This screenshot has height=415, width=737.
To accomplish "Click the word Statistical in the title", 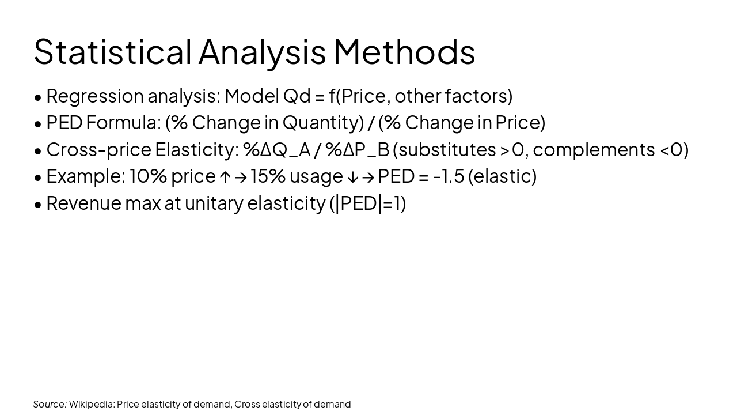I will (x=112, y=52).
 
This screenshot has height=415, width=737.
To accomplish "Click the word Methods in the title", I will (x=404, y=52).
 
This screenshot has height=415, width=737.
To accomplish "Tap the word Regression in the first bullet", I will (x=94, y=96).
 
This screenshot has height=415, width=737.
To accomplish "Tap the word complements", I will (x=594, y=149).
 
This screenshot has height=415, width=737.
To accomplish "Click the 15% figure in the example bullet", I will (x=268, y=176).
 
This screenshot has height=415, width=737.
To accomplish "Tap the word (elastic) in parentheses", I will (x=502, y=176).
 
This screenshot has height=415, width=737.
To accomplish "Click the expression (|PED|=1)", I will (x=367, y=203).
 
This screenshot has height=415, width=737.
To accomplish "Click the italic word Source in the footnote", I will (x=50, y=404).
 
